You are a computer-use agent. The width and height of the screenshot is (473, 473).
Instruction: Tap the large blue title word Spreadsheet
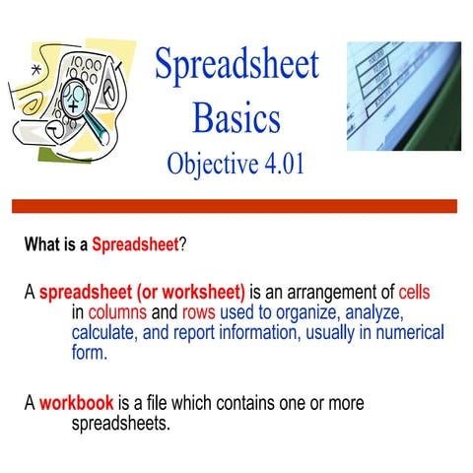(236, 64)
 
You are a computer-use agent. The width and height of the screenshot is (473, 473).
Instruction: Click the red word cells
(414, 294)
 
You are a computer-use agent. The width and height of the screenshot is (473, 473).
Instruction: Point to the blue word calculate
(106, 333)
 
